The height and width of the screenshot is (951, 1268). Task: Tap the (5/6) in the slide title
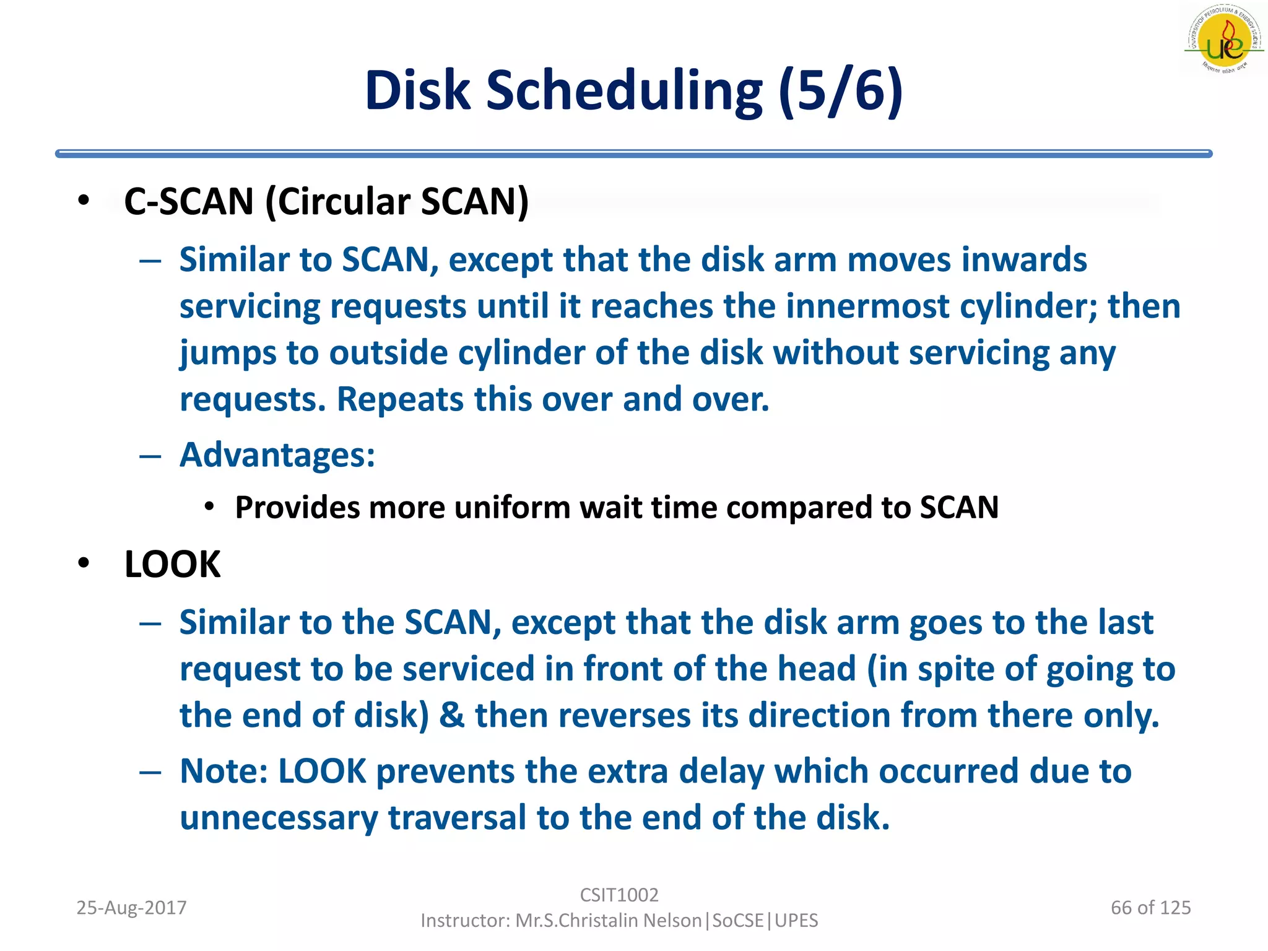coord(840,91)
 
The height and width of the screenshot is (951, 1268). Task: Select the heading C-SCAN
coord(189,202)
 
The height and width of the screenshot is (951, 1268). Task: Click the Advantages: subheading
coord(277,455)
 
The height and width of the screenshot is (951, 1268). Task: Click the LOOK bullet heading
coord(172,564)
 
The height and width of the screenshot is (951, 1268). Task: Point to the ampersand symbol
coord(451,716)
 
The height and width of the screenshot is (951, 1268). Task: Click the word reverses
coord(625,716)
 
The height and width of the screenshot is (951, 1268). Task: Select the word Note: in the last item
coord(224,771)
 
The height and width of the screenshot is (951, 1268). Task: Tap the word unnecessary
coord(278,818)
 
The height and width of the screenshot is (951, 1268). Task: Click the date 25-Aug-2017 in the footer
coord(131,908)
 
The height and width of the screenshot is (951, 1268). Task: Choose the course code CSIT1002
coord(619,895)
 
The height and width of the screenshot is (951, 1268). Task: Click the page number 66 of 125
coord(1150,908)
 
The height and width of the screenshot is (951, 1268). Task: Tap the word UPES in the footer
coord(796,921)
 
